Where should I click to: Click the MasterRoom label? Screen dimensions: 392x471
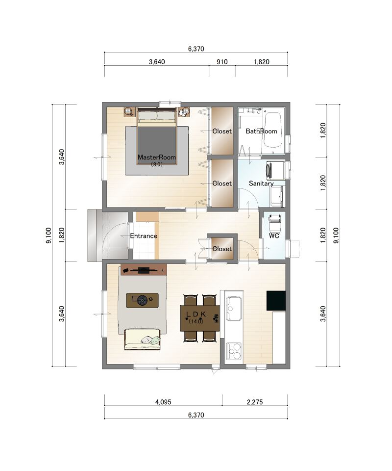tap(157, 157)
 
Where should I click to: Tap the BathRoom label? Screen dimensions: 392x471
tap(261, 131)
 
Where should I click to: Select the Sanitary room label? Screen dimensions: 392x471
tap(261, 183)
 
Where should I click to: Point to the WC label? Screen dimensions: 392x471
tap(274, 236)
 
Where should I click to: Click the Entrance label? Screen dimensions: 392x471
tap(144, 236)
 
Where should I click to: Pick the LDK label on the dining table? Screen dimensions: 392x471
tap(196, 314)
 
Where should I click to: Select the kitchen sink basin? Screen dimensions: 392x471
tap(234, 309)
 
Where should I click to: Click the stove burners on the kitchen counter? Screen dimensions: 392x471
tap(234, 351)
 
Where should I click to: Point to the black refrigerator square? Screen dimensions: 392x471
tap(276, 300)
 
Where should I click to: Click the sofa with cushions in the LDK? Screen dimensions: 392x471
tap(143, 340)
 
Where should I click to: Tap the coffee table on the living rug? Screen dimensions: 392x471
tap(143, 300)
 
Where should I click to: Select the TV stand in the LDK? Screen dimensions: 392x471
tap(144, 270)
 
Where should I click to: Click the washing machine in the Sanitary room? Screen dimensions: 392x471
tap(275, 171)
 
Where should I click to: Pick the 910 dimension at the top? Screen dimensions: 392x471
tap(222, 62)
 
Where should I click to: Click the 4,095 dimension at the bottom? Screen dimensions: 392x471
tap(163, 402)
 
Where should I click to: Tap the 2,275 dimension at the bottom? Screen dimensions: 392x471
tap(255, 402)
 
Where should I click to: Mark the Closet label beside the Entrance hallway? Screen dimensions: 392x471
tap(222, 249)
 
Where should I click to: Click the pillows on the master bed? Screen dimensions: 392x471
tap(156, 116)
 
